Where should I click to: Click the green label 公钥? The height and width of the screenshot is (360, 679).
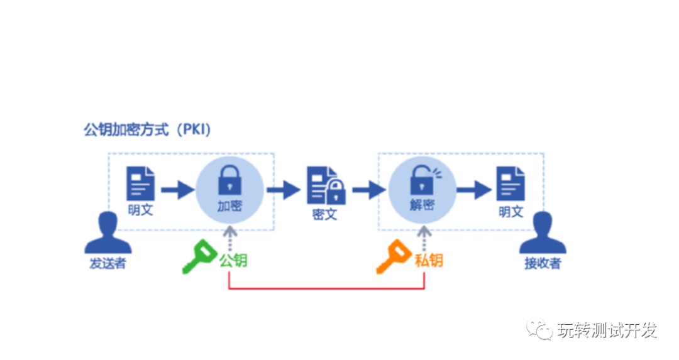click(233, 260)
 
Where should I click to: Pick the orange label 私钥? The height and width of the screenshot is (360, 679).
click(428, 260)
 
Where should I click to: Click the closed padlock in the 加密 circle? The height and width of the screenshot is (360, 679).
click(229, 182)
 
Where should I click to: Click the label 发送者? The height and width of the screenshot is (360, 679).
click(107, 263)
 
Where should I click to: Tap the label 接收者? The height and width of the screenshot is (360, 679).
click(543, 263)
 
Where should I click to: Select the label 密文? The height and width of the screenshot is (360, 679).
click(325, 214)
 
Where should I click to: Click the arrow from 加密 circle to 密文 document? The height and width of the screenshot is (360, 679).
click(284, 188)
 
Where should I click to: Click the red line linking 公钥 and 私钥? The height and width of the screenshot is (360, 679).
click(327, 289)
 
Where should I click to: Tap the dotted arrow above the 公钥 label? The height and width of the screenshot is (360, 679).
click(230, 239)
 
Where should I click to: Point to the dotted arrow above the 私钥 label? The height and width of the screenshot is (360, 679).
click(425, 239)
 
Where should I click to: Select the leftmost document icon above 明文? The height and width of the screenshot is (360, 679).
click(140, 184)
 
